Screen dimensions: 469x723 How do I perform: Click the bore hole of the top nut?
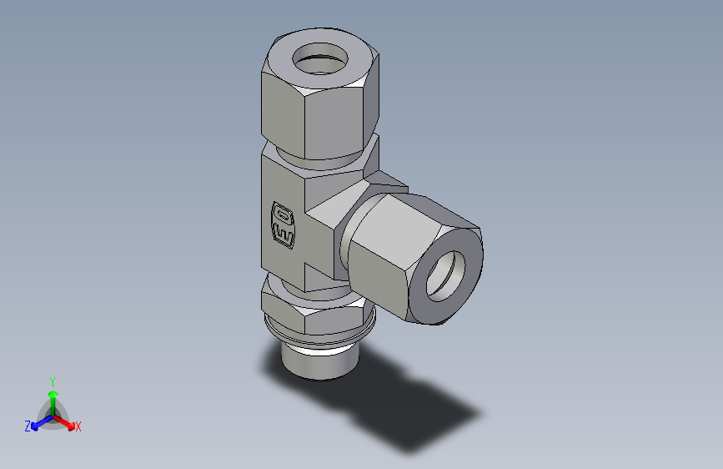tap(320, 60)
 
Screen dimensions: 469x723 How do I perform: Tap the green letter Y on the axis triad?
tap(53, 381)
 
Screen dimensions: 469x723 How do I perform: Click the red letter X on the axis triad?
tap(78, 427)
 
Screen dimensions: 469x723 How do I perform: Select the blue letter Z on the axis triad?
tap(28, 426)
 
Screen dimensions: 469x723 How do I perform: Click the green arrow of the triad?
tap(53, 397)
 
